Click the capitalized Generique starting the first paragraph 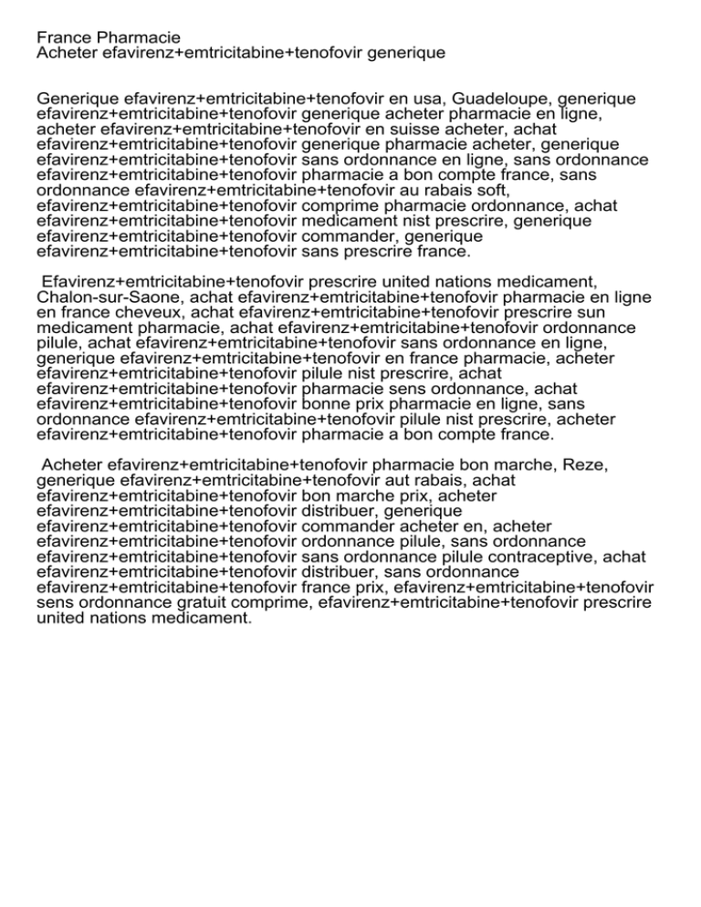point(78,98)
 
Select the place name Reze point(588,465)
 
